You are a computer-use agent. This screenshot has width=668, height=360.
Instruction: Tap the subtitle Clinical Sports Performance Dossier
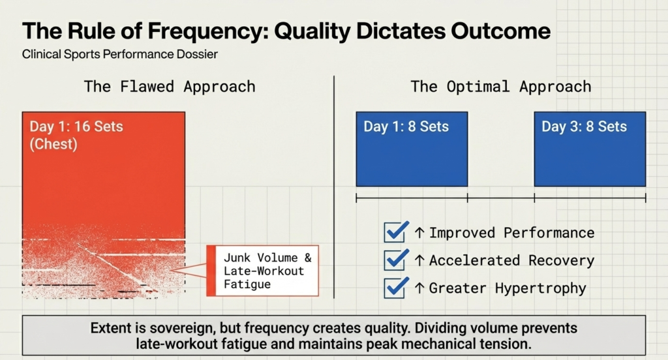119,55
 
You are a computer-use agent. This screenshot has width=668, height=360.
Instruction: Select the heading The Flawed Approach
170,87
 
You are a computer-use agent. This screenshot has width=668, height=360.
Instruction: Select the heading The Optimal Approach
500,87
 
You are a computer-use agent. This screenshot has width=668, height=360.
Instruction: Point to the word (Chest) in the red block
53,144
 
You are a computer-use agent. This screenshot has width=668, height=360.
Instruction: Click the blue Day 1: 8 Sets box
412,149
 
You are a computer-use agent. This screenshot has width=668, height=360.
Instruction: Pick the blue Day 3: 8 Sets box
590,149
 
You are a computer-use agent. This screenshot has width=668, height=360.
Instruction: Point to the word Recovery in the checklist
562,261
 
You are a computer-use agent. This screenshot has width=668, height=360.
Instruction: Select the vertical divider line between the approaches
334,189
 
